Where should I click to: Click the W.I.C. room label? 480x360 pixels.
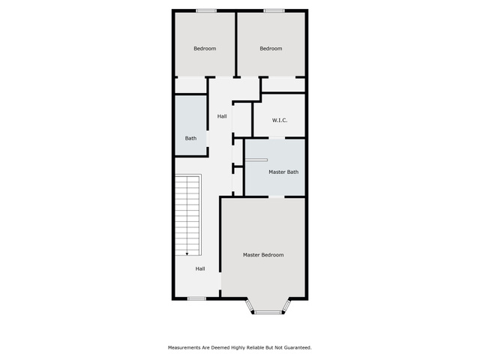tap(280, 120)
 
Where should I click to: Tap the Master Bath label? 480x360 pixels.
tap(283, 172)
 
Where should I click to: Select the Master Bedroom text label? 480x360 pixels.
tap(263, 255)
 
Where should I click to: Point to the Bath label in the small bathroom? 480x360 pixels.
tap(190, 138)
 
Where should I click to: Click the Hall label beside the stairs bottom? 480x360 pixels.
tap(200, 268)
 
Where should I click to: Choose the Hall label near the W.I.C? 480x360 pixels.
tap(222, 116)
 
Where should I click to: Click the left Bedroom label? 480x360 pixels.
tap(205, 48)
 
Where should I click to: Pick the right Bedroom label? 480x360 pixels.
tap(271, 48)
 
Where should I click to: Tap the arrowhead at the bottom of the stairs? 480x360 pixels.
tap(187, 253)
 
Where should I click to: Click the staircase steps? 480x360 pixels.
tap(188, 215)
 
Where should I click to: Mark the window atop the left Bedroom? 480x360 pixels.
tap(206, 11)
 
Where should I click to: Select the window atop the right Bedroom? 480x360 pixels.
tap(274, 11)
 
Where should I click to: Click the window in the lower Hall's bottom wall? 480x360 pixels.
tap(196, 298)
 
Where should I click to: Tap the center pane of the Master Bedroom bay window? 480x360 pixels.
tap(268, 313)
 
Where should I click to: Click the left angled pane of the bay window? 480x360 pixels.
tap(250, 305)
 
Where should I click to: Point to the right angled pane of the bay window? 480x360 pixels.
tap(286, 305)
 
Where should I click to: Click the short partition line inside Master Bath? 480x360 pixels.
tap(256, 160)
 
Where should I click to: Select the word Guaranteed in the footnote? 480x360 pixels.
tap(298, 348)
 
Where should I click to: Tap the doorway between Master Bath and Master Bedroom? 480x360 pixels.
tap(277, 196)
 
